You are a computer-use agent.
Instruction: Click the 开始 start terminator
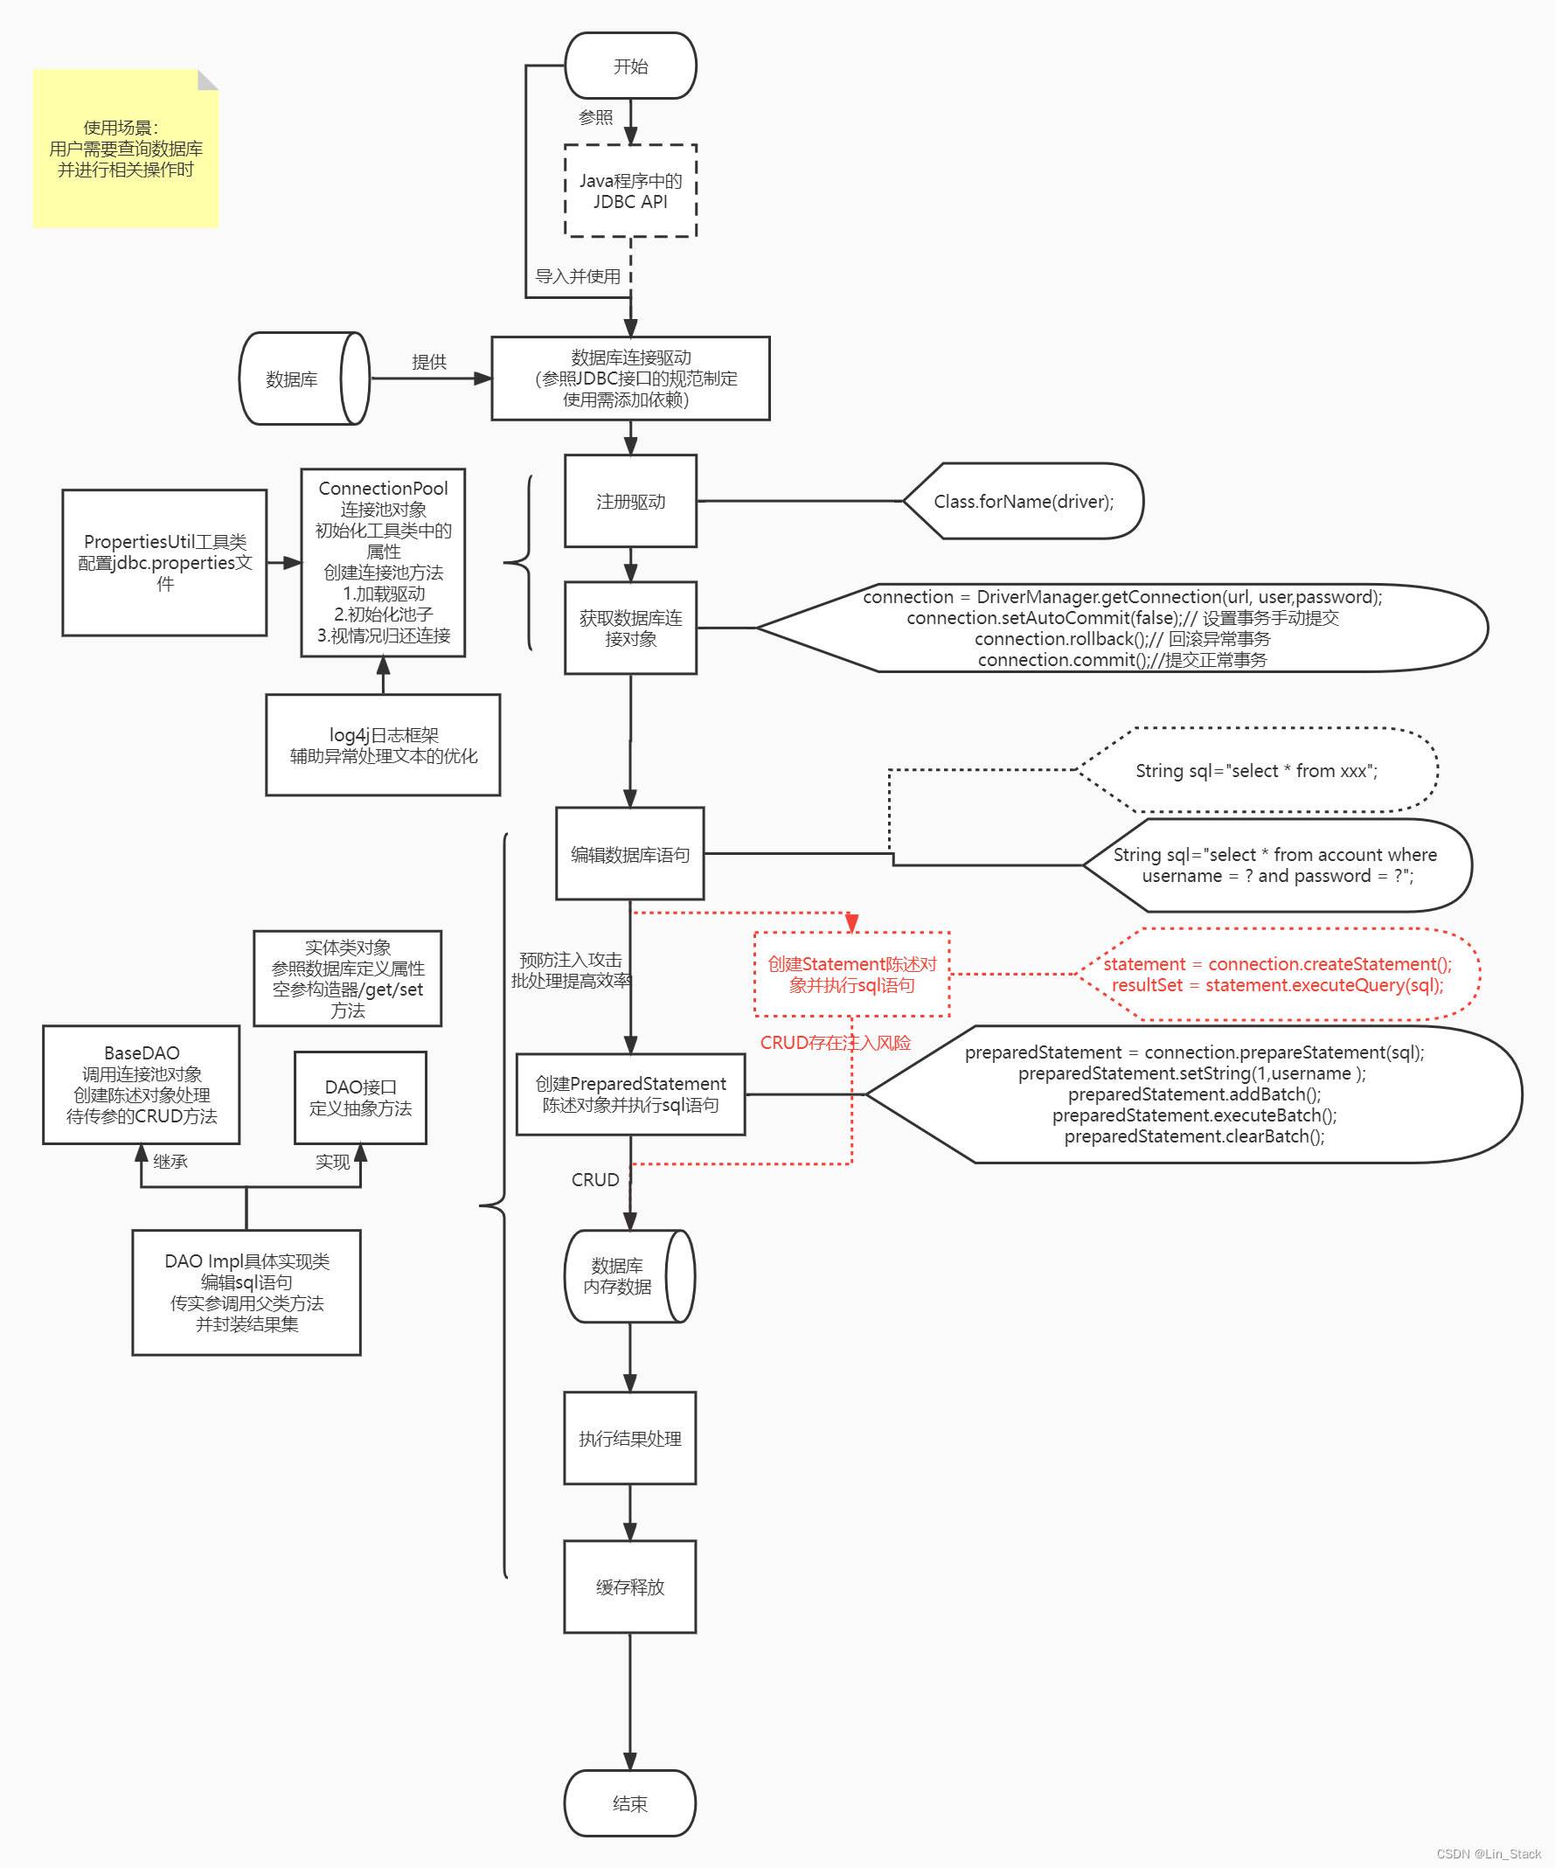(630, 66)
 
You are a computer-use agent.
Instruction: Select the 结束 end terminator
(630, 1803)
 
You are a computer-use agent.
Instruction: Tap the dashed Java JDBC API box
(630, 191)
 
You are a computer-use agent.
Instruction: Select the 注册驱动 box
(630, 501)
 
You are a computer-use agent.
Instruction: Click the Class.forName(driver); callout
(1023, 501)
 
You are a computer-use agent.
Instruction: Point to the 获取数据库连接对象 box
(630, 628)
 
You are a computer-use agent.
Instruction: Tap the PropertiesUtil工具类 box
(164, 562)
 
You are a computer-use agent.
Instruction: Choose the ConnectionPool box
(383, 562)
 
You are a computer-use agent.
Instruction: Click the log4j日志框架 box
(383, 745)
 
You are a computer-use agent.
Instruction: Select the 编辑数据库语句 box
(630, 854)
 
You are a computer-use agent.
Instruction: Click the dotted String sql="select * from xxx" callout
(1256, 770)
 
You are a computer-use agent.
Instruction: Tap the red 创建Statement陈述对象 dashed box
(851, 974)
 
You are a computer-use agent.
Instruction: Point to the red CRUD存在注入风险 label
(835, 1043)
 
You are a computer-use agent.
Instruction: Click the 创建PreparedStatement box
(630, 1094)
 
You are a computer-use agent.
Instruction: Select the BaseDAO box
(142, 1084)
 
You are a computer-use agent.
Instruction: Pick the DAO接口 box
(360, 1098)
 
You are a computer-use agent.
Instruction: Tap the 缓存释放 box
(630, 1587)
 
